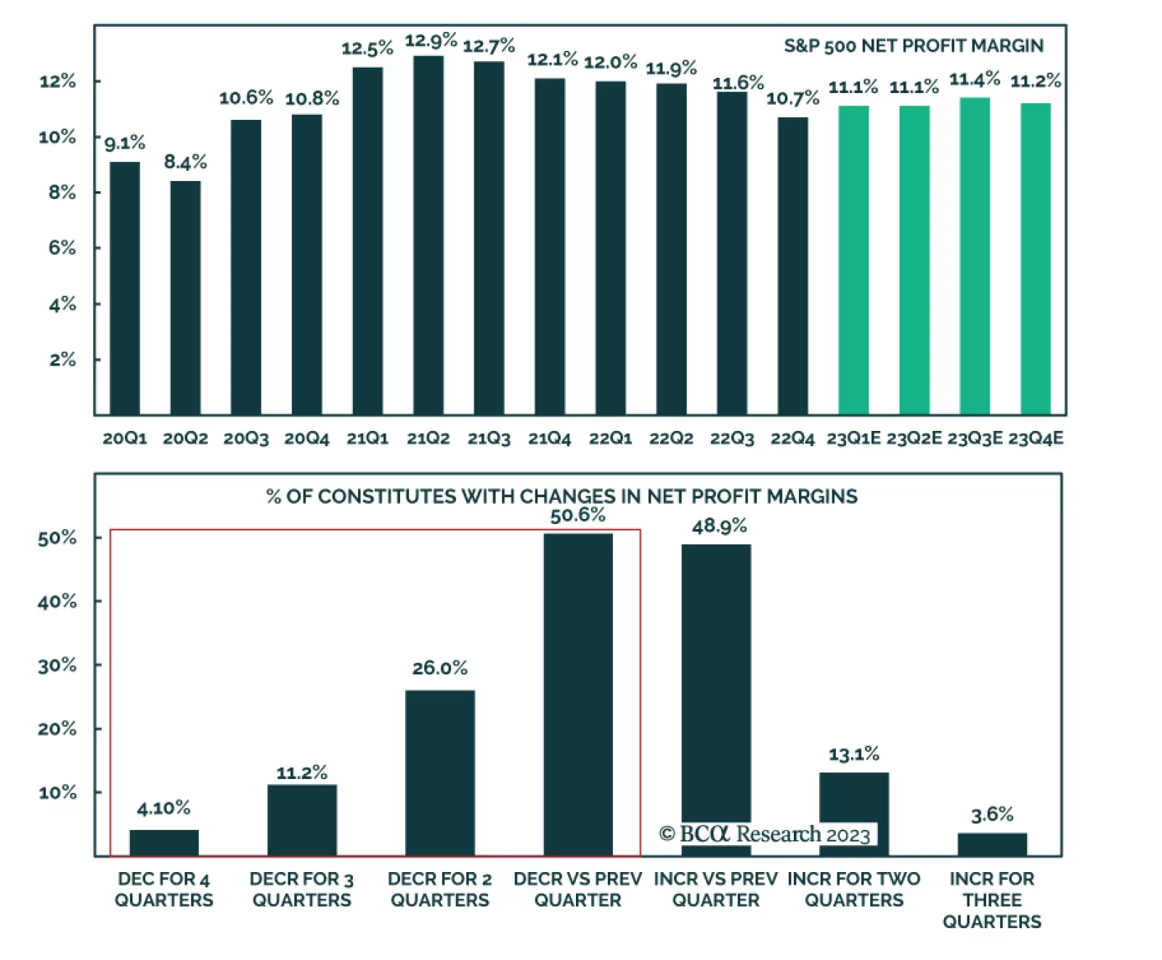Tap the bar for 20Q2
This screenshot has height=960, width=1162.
point(185,297)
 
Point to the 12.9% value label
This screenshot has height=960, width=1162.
point(431,41)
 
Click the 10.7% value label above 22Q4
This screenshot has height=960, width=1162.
point(792,98)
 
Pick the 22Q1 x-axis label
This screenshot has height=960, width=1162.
point(610,438)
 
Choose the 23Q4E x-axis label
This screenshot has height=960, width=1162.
point(1036,438)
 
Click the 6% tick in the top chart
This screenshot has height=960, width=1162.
point(62,248)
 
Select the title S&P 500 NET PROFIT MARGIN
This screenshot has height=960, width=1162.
point(913,46)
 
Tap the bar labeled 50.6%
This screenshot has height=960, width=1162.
point(578,694)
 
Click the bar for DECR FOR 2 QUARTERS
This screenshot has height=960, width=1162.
point(440,773)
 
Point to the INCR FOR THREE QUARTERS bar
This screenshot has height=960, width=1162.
point(992,844)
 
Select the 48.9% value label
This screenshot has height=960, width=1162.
point(719,526)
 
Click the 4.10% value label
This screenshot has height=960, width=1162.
point(163,808)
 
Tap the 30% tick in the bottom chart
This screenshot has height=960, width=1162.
point(57,665)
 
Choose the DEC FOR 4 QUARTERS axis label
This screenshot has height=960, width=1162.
point(164,890)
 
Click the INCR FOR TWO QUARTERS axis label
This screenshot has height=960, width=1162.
point(854,890)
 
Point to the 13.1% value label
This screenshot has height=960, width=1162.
point(854,754)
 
